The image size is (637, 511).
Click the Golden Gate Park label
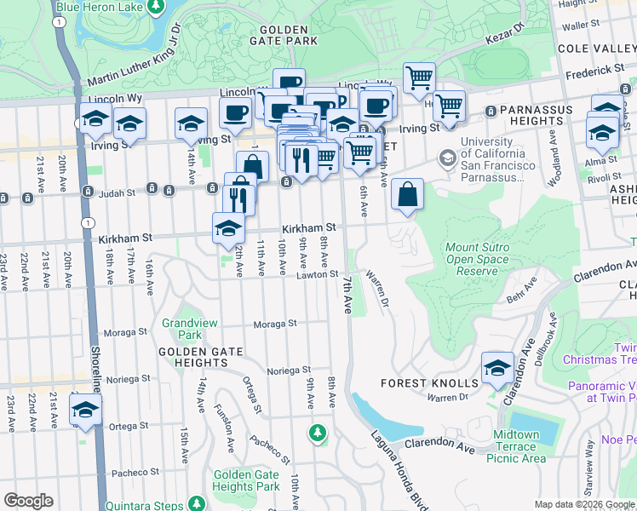coord(284,34)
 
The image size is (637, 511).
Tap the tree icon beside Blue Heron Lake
coord(155,8)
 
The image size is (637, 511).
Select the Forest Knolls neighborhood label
coord(416,383)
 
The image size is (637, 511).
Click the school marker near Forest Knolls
coord(497,368)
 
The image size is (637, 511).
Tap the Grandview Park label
coord(182,330)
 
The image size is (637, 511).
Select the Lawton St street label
coord(318,274)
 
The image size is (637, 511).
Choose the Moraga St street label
coord(274,324)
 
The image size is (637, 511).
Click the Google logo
coord(28,501)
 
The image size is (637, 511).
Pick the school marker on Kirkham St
coord(228,228)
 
